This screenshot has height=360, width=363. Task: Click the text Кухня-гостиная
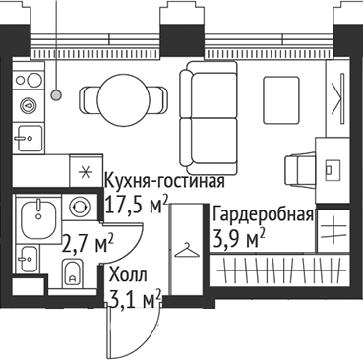[165, 183]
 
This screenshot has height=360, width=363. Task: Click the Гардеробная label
[264, 216]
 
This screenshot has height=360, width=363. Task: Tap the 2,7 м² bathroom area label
[88, 240]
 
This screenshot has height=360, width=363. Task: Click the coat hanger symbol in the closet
[184, 253]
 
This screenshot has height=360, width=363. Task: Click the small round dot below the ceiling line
[58, 94]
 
